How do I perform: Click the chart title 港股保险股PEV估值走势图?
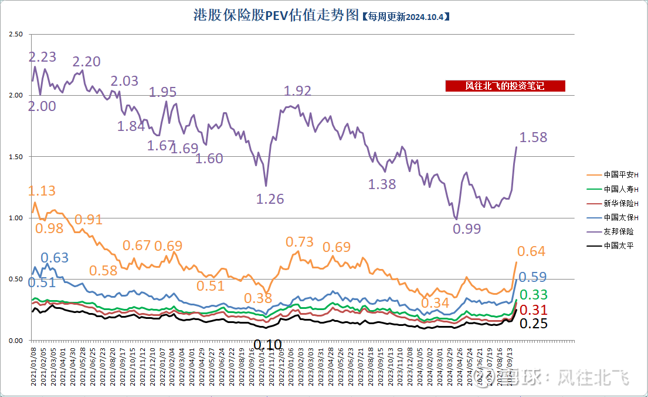276,15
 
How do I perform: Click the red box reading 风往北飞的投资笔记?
505,86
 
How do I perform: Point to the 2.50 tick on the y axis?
16,35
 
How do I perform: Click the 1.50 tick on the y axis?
16,157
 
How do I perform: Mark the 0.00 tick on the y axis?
16,341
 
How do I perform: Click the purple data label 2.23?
43,57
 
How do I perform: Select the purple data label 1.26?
270,199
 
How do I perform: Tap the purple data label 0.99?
467,228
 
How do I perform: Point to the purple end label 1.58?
533,137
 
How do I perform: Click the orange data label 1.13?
42,191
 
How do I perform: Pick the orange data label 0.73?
300,242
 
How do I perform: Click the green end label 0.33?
533,295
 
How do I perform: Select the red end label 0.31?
533,310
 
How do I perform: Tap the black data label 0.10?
267,344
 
